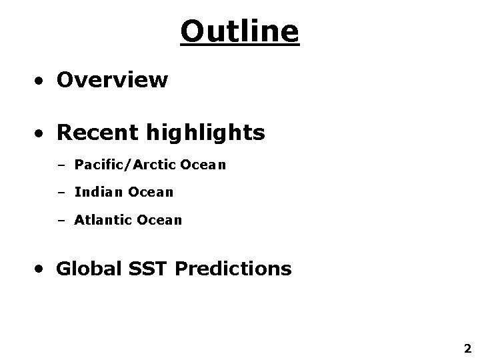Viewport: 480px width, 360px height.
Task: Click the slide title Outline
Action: (x=240, y=31)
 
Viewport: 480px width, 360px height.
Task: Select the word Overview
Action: (x=112, y=80)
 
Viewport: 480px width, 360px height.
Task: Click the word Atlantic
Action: (x=102, y=219)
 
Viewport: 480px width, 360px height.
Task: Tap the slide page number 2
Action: (x=467, y=348)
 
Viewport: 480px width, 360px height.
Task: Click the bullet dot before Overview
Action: (x=41, y=81)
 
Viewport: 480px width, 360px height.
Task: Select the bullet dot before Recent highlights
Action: (x=41, y=135)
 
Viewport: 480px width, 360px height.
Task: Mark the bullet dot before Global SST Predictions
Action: (x=41, y=270)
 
